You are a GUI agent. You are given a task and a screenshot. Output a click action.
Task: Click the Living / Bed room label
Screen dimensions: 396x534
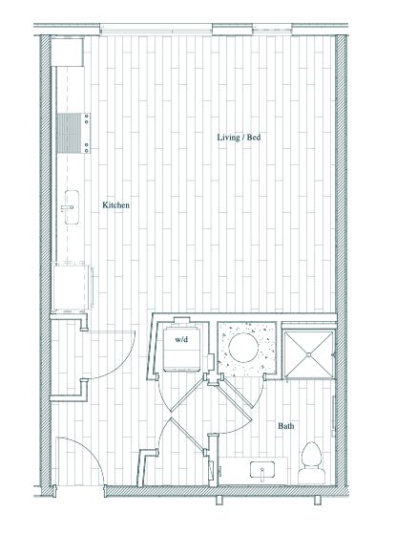click(239, 138)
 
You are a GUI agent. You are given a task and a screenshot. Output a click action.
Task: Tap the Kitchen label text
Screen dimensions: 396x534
click(115, 205)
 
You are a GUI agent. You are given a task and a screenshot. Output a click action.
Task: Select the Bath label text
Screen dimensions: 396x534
click(285, 426)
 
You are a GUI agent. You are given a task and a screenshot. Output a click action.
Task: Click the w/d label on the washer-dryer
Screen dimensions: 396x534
click(181, 339)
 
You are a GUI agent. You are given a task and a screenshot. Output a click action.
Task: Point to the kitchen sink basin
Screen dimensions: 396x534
click(72, 207)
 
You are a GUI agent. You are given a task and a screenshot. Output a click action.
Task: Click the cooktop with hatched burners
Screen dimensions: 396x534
click(73, 133)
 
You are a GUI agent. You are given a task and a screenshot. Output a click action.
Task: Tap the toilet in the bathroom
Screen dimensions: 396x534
click(312, 462)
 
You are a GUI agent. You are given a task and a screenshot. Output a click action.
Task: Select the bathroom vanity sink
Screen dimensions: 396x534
click(262, 469)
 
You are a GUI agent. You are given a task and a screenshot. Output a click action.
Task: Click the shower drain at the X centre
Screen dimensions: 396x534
click(309, 354)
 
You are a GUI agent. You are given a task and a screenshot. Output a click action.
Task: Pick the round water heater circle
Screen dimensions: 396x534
click(243, 348)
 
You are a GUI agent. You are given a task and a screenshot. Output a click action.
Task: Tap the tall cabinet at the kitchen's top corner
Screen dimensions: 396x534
click(68, 53)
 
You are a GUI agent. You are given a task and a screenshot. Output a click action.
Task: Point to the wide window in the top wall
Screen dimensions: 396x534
click(156, 30)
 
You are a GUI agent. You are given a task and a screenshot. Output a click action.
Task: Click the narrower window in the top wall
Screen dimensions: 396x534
click(272, 30)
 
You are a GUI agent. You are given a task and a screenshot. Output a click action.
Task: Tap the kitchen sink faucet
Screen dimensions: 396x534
click(67, 207)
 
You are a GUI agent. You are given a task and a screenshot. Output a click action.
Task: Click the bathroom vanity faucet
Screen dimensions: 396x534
click(262, 473)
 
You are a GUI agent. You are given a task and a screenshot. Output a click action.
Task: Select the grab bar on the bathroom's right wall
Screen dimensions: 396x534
click(334, 413)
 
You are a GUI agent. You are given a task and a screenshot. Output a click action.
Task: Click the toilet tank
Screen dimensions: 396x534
click(312, 476)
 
